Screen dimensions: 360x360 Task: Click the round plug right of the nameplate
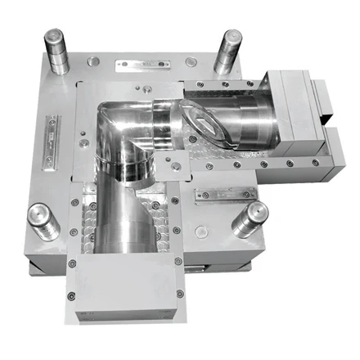(x=191, y=62)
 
